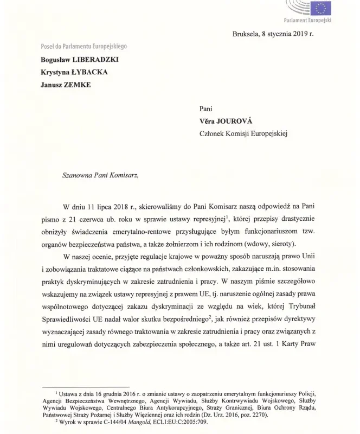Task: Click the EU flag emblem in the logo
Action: click(x=321, y=8)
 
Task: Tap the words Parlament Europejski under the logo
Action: click(x=307, y=20)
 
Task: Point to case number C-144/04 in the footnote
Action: click(x=102, y=421)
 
